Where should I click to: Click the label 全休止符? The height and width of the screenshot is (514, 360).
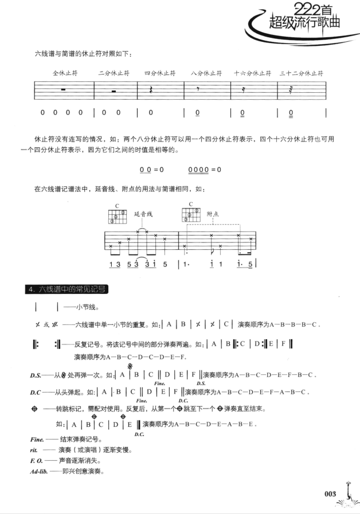click(65, 74)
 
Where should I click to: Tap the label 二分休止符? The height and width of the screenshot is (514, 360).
click(114, 74)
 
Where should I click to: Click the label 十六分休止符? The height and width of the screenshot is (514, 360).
click(253, 74)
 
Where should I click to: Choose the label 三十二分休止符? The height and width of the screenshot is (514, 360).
click(302, 74)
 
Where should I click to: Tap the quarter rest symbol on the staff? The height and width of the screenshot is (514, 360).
click(151, 91)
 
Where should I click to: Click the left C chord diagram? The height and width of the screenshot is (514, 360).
click(116, 215)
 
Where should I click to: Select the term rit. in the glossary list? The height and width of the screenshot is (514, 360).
click(35, 450)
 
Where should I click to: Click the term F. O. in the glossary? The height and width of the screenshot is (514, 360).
click(37, 461)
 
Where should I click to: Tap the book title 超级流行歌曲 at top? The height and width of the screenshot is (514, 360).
click(304, 23)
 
